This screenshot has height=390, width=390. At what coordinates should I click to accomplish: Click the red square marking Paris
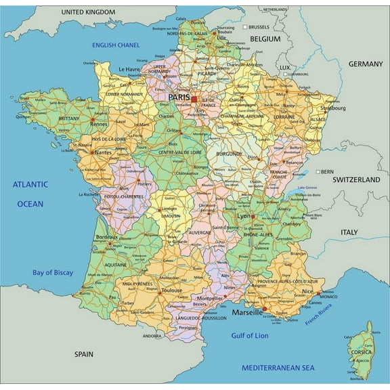click(194, 99)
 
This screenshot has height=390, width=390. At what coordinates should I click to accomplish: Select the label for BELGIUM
click(265, 40)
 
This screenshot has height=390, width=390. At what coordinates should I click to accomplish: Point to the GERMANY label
click(366, 64)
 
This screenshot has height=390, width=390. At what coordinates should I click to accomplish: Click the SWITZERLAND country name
click(357, 180)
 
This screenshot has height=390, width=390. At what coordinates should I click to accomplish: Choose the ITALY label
click(348, 232)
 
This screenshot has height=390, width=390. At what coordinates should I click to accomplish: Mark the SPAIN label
click(84, 353)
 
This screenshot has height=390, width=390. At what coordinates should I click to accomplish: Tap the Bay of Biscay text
click(53, 272)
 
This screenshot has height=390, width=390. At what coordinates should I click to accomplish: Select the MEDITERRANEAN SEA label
click(279, 368)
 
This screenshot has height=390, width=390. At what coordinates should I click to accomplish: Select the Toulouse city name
click(171, 290)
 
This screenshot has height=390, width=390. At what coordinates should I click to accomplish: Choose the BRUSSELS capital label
click(259, 27)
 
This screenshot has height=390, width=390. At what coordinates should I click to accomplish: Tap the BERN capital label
click(328, 171)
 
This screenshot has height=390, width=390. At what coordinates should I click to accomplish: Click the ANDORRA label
click(152, 336)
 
